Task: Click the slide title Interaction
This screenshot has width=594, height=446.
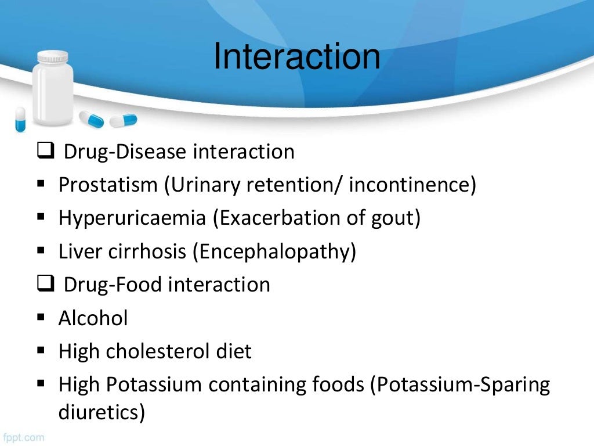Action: [x=296, y=57]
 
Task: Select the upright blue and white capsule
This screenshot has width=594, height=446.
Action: [x=20, y=119]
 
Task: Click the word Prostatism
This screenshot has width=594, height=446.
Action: [x=108, y=185]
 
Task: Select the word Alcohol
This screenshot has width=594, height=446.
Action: [x=93, y=318]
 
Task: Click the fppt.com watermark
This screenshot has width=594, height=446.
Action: [x=23, y=437]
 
